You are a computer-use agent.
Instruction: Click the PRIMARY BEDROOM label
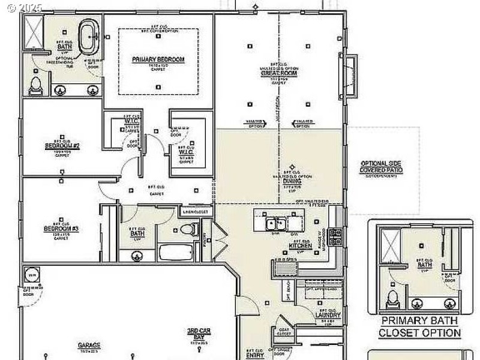click(x=158, y=59)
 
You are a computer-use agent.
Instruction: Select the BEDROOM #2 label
click(x=62, y=146)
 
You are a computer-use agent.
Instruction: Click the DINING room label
click(x=292, y=181)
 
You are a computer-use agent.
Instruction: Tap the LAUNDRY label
click(x=328, y=315)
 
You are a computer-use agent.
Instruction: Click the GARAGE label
click(x=88, y=346)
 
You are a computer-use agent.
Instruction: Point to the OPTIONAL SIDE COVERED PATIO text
click(x=381, y=167)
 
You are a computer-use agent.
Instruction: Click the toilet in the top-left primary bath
click(x=35, y=86)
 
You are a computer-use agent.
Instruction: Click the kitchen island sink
click(x=275, y=224)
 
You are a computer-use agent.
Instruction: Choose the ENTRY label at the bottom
click(x=254, y=353)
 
